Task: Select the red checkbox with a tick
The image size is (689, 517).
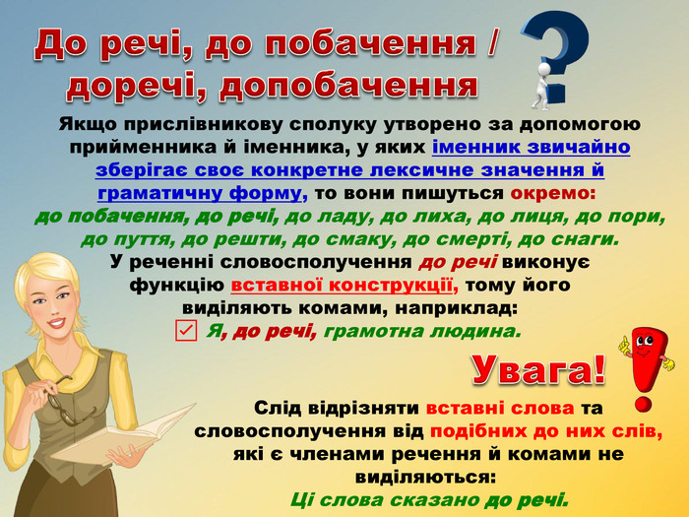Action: tap(186, 331)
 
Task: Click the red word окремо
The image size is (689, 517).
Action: tap(553, 193)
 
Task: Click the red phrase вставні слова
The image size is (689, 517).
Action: tap(500, 408)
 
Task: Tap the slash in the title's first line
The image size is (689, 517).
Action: tap(491, 43)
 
